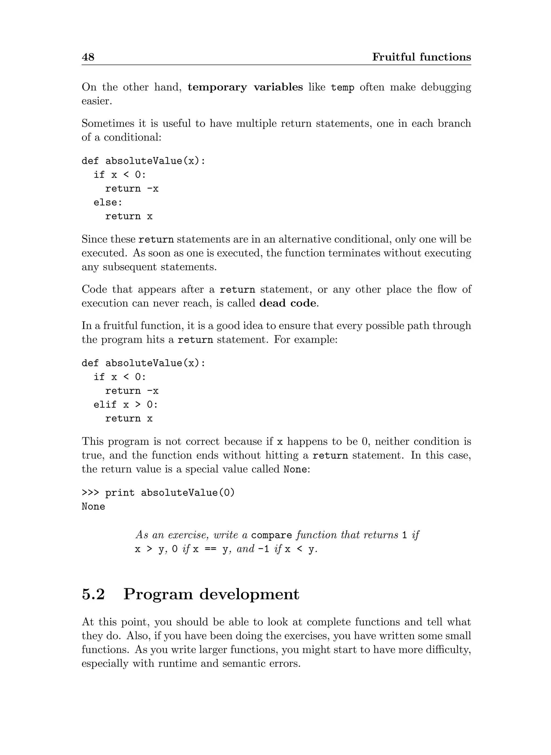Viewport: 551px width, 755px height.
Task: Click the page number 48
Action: click(x=88, y=57)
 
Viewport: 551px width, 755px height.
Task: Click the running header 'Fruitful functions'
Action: click(x=421, y=57)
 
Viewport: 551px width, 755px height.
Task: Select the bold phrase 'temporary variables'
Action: click(x=245, y=87)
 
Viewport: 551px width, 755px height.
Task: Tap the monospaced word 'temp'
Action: click(x=342, y=88)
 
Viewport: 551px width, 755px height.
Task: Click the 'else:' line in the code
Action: click(x=108, y=203)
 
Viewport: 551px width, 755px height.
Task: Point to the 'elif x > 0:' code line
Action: click(x=125, y=405)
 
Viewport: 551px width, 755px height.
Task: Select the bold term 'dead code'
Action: click(x=288, y=303)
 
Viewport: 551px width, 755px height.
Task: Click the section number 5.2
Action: click(x=93, y=594)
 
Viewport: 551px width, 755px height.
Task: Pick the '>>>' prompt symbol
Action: click(x=90, y=492)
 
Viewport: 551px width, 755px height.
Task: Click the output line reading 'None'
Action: click(x=93, y=506)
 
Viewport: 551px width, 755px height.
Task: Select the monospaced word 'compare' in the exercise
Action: click(x=271, y=535)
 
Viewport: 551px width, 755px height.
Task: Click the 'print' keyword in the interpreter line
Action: click(x=120, y=493)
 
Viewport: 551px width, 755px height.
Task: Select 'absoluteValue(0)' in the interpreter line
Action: click(x=188, y=492)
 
